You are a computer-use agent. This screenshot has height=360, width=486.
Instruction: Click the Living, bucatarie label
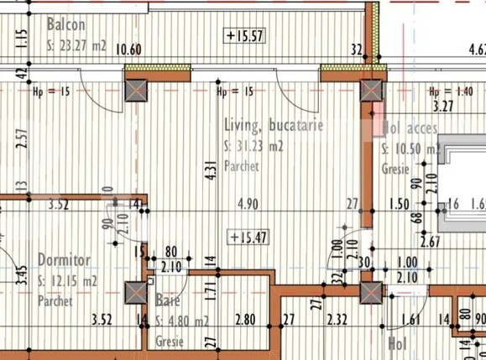(274, 127)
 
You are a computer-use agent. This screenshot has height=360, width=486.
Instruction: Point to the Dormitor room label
(64, 260)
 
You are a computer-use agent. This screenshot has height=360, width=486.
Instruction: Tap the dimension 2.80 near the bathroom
(245, 320)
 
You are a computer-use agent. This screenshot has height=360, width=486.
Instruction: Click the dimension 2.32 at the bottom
(337, 320)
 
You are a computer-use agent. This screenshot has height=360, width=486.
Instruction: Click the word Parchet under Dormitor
(55, 300)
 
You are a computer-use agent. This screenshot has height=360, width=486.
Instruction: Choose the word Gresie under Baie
(170, 342)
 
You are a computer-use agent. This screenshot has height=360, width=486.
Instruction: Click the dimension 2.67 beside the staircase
(431, 243)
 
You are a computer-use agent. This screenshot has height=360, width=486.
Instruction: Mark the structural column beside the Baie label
(134, 293)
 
